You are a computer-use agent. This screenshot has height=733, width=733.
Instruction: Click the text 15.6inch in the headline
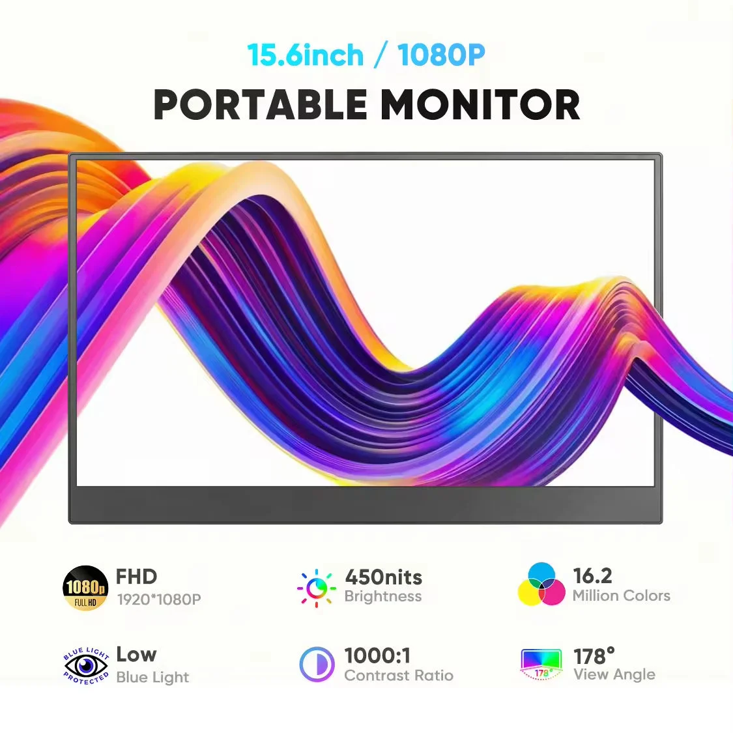coord(306,55)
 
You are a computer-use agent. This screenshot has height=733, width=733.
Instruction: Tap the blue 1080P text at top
coord(441,55)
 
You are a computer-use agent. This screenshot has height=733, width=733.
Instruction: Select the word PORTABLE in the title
coord(261,104)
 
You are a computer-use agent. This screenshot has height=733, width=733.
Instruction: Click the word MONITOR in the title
coord(481,104)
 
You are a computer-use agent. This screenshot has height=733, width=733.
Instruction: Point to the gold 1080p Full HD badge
coord(85,588)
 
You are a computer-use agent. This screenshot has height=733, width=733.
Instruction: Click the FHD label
coord(136,577)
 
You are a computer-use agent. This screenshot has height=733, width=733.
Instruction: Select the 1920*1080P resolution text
coord(159,599)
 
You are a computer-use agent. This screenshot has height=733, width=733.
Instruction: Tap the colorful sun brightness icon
coord(317,588)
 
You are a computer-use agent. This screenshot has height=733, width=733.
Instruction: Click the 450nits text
coord(383,577)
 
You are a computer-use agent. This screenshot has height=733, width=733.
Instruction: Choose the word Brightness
coord(383,596)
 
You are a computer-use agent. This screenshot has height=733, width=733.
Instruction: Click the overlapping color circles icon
coord(541,584)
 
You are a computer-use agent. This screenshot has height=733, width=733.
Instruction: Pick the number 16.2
coord(592,576)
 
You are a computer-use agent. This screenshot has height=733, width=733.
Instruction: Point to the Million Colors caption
coord(622,596)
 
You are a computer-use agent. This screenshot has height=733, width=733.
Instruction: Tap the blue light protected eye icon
coord(86,666)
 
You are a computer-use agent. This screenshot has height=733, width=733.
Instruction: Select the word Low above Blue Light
coord(136,654)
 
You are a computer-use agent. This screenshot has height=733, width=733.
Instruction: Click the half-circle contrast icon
coord(317,665)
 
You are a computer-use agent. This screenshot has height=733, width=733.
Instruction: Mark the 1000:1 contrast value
coord(377,655)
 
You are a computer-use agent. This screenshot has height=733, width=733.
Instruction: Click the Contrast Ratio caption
coord(399,676)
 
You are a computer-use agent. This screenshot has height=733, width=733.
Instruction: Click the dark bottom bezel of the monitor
coord(365,503)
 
